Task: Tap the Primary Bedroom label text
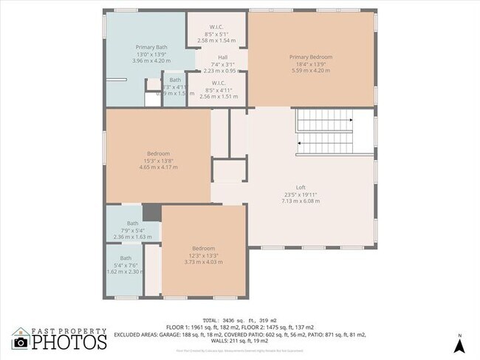(310, 57)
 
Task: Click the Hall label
(222, 58)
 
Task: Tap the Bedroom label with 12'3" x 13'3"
(203, 248)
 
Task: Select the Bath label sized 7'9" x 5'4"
(132, 223)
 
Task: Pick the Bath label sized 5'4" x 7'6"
(126, 257)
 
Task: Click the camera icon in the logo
(21, 342)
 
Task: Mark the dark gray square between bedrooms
(151, 212)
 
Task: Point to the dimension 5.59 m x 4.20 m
(310, 70)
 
